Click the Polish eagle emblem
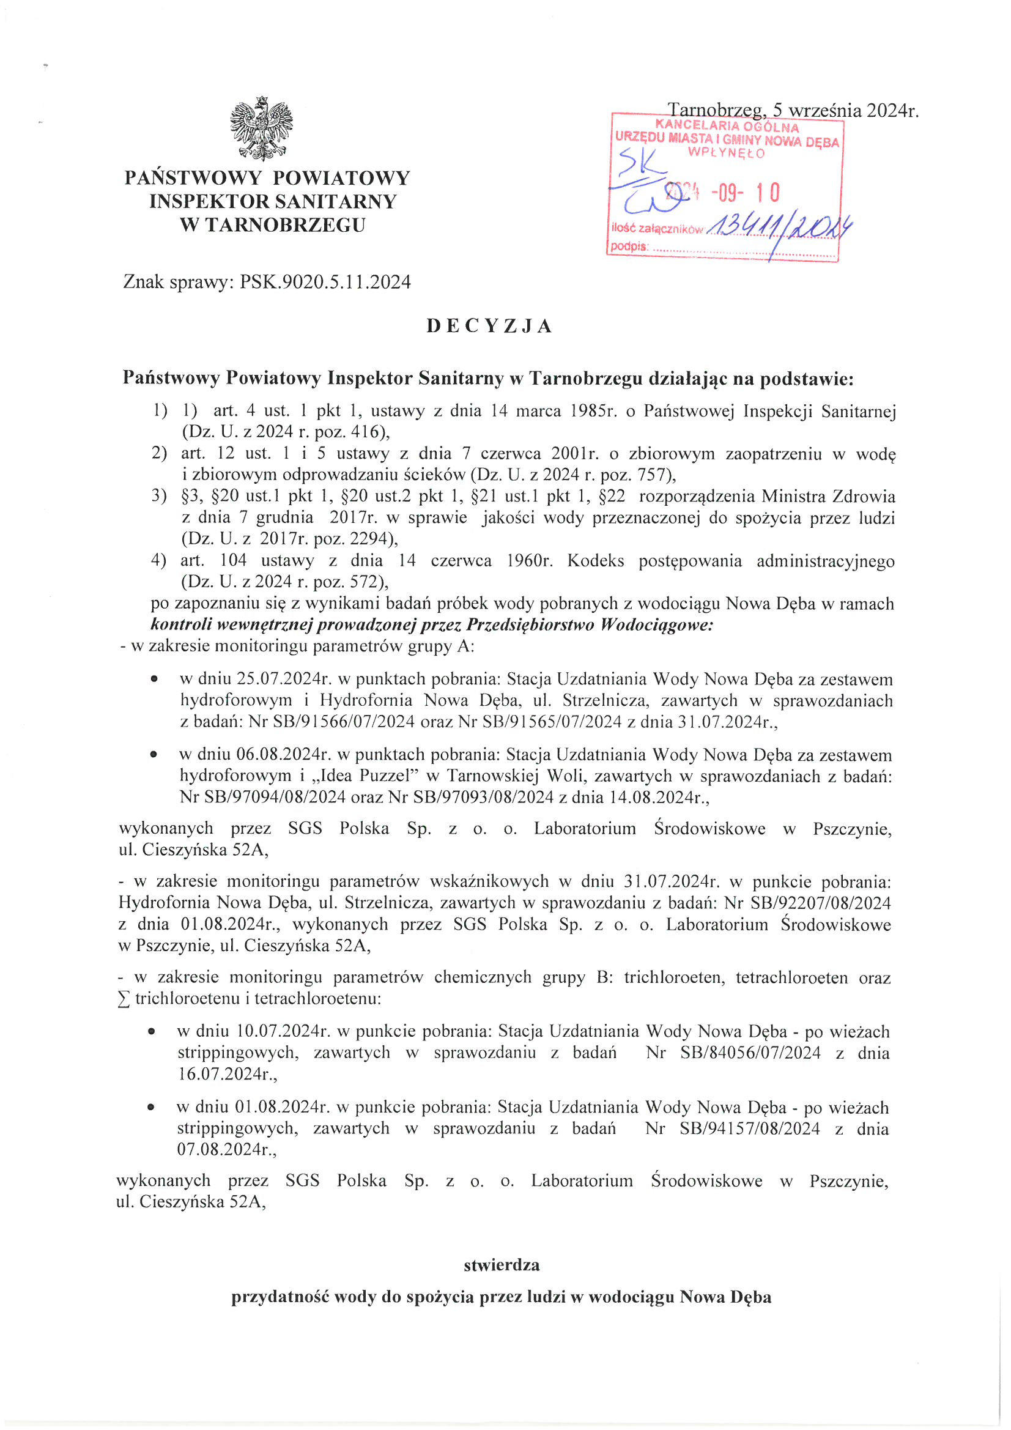[x=261, y=129]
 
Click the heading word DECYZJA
[x=490, y=327]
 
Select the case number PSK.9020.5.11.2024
[x=325, y=282]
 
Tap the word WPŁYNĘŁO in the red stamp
[x=727, y=153]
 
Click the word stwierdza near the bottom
[x=502, y=1265]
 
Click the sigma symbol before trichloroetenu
[x=124, y=999]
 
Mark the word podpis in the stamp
[x=629, y=246]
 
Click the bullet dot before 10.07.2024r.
[x=151, y=1032]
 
